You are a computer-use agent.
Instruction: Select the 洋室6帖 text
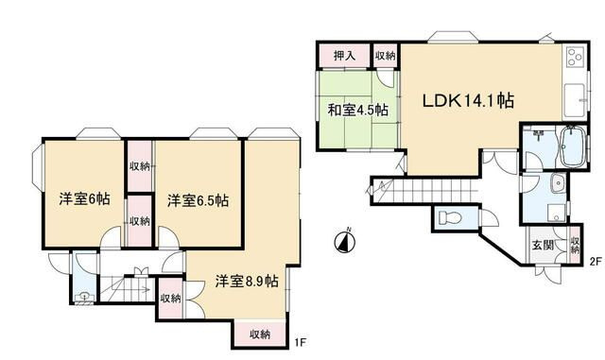tap(82, 199)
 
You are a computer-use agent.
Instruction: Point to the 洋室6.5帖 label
tap(199, 200)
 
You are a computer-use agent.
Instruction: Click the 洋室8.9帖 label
tap(245, 281)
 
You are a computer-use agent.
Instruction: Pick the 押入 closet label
tap(345, 57)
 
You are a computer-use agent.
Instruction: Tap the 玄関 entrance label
tap(543, 247)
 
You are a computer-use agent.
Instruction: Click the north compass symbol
tap(345, 242)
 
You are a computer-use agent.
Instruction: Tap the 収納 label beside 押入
tap(385, 57)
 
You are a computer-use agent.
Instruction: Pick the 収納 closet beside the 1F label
tap(260, 333)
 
